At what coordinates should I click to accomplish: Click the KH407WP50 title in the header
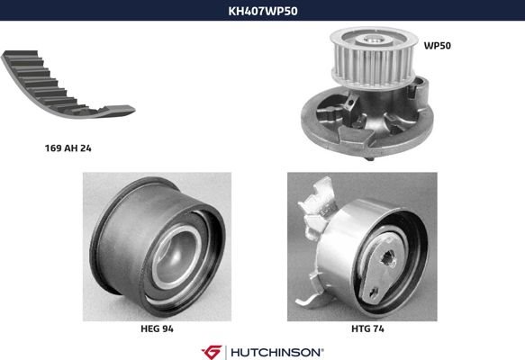[263, 11]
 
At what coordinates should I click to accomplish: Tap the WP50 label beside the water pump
[438, 46]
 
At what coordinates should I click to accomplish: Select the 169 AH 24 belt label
[68, 148]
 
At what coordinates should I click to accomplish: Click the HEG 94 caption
[157, 328]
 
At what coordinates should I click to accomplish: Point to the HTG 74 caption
[367, 328]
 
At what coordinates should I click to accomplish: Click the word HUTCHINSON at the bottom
[276, 352]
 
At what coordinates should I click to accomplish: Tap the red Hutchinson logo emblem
[212, 352]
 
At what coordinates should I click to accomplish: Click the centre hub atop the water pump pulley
[374, 40]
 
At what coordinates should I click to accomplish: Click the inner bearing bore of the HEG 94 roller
[176, 255]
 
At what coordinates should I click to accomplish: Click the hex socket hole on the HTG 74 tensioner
[388, 258]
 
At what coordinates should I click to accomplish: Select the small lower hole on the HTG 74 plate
[374, 292]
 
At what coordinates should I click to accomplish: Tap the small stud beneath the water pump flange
[369, 158]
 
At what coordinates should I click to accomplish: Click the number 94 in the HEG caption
[167, 328]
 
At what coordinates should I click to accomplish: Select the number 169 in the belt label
[52, 148]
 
